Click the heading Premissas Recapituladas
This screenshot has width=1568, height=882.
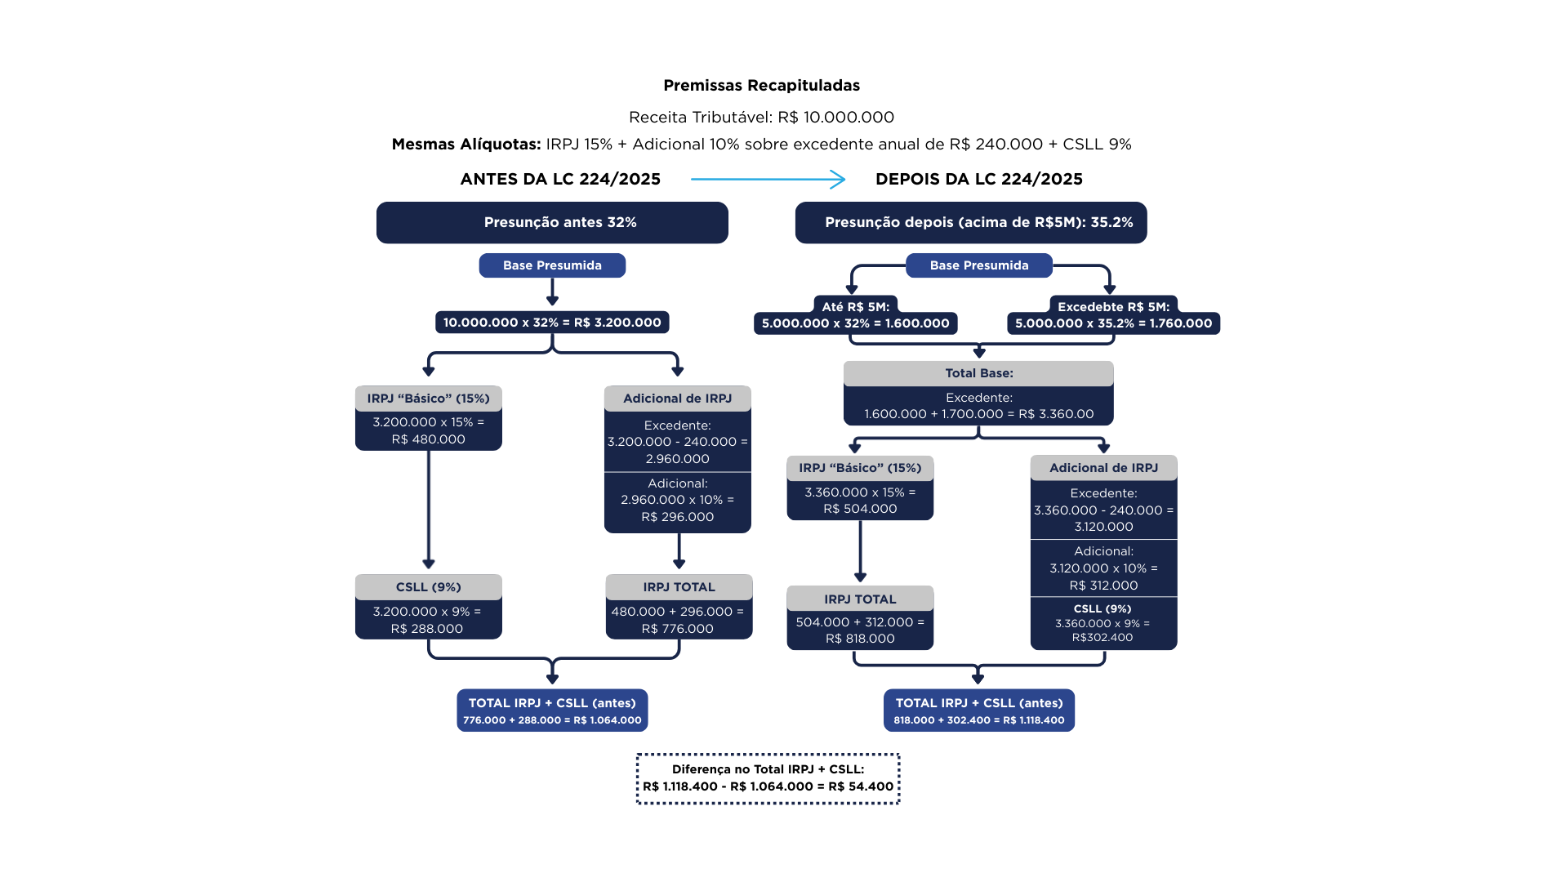pyautogui.click(x=761, y=86)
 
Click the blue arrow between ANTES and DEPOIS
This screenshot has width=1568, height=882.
pyautogui.click(x=767, y=179)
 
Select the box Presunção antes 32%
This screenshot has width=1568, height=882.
pyautogui.click(x=552, y=222)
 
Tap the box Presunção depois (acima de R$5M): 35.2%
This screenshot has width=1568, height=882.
pyautogui.click(x=971, y=222)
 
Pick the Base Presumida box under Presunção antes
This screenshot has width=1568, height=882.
pyautogui.click(x=552, y=265)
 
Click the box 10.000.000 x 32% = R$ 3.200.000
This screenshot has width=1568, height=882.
pyautogui.click(x=552, y=323)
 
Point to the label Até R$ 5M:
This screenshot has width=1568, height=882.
pyautogui.click(x=855, y=307)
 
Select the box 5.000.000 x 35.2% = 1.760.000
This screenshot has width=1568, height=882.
pyautogui.click(x=1113, y=323)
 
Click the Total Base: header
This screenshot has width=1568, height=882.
pyautogui.click(x=978, y=373)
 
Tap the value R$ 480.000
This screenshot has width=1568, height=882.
pyautogui.click(x=428, y=439)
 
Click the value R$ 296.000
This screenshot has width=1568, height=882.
pyautogui.click(x=677, y=517)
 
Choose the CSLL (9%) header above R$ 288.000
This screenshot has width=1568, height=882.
pyautogui.click(x=428, y=587)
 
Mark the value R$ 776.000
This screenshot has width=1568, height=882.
pyautogui.click(x=677, y=629)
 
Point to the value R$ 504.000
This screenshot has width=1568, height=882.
pyautogui.click(x=860, y=509)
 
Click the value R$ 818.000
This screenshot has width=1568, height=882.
pyautogui.click(x=860, y=639)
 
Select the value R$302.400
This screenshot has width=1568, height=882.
pyautogui.click(x=1102, y=638)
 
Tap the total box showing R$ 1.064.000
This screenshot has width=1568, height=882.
pyautogui.click(x=552, y=710)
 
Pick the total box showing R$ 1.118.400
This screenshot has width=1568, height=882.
pyautogui.click(x=978, y=710)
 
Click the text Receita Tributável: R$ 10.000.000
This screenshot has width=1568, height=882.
pyautogui.click(x=761, y=117)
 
